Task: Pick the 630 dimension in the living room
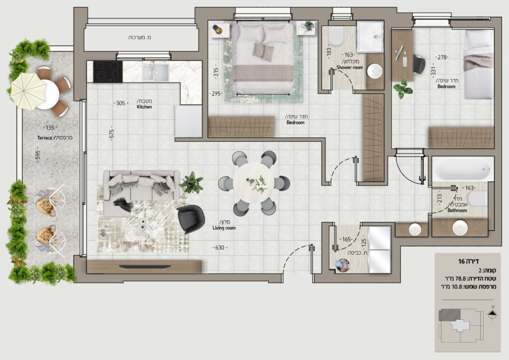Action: tap(220, 247)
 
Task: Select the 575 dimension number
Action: tap(111, 133)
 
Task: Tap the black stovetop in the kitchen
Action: tap(108, 72)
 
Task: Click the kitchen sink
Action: tap(156, 72)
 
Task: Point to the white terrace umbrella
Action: tap(28, 91)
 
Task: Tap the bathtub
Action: tap(463, 169)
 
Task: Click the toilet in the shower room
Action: tap(336, 36)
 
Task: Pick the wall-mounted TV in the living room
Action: tap(145, 267)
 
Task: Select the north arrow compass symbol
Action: tap(493, 314)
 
